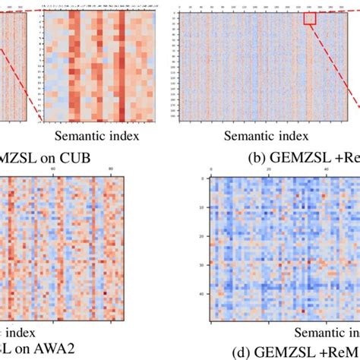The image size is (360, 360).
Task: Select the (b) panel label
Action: (258, 158)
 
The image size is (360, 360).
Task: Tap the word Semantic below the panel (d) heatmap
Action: (318, 332)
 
